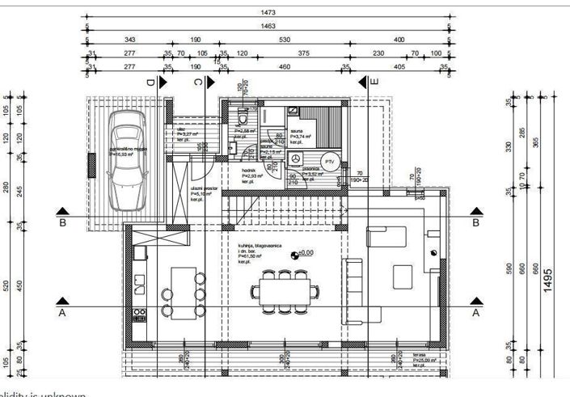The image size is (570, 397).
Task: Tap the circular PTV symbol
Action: (x=329, y=161)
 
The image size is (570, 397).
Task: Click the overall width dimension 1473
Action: (x=268, y=13)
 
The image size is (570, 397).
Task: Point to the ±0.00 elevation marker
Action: (x=302, y=253)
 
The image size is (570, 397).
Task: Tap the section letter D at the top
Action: (x=150, y=82)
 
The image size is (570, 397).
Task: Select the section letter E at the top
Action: (x=374, y=82)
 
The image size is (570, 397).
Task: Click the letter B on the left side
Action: (x=62, y=222)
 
